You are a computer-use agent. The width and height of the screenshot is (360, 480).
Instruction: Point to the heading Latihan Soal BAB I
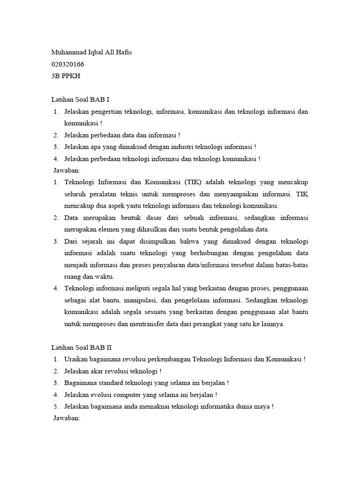pos(80,100)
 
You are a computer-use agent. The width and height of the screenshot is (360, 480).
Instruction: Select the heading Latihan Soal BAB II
pos(81,347)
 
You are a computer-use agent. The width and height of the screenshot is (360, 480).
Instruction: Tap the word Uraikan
pos(76,360)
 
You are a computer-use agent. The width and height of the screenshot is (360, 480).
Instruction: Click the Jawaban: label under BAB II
pos(68,418)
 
